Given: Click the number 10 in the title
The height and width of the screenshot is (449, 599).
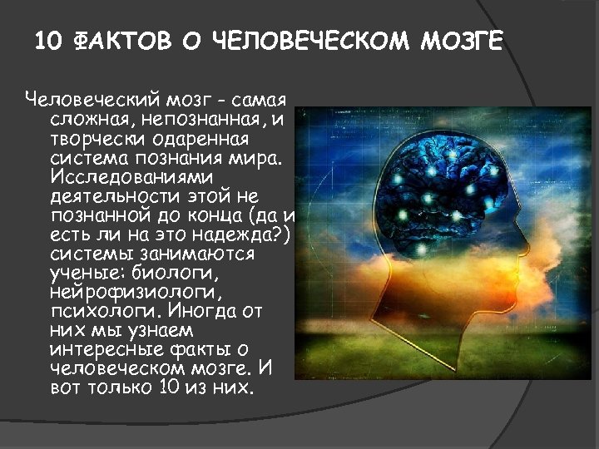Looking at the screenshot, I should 52,41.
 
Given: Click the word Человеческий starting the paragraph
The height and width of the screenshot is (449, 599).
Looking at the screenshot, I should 82,101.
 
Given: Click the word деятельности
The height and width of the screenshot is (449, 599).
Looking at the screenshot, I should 111,196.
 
